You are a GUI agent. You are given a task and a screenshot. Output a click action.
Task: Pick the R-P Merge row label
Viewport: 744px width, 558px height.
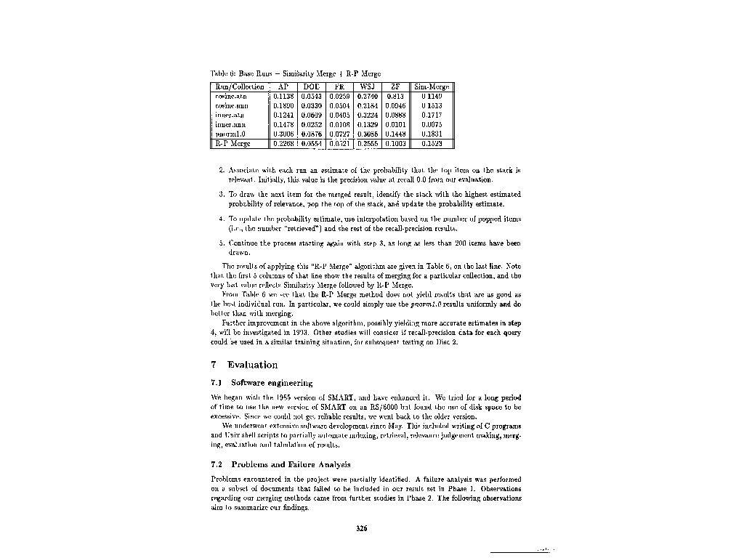[x=229, y=144]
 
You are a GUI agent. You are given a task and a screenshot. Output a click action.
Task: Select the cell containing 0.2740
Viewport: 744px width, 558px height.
[x=367, y=96]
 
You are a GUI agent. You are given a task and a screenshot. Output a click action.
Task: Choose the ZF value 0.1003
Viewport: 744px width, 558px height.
[x=395, y=144]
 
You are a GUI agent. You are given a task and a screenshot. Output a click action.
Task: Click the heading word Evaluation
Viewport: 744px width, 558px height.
[x=252, y=365]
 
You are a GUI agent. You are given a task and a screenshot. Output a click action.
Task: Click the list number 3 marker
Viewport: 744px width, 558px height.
[x=221, y=195]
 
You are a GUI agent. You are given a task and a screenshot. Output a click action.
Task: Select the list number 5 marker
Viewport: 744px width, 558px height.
[x=221, y=241]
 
